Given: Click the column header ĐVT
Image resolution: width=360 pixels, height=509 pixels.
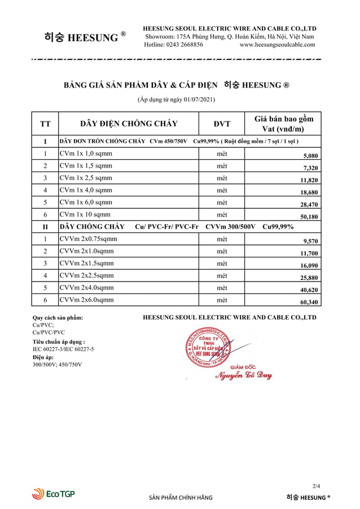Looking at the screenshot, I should click(x=222, y=124).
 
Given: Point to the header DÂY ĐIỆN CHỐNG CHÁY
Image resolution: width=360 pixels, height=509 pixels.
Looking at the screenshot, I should click(x=129, y=124).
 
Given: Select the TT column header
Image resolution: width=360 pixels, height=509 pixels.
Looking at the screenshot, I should click(x=45, y=124).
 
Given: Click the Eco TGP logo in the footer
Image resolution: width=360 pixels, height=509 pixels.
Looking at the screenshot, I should click(x=53, y=494).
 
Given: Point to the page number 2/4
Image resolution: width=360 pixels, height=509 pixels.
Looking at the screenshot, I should click(x=316, y=485).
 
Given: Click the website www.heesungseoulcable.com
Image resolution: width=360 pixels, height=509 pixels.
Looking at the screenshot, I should click(x=278, y=45).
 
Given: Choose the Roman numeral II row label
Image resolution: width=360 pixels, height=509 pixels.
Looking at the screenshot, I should click(x=45, y=226).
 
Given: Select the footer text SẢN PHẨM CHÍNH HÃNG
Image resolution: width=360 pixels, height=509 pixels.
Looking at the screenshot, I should click(x=181, y=498).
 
